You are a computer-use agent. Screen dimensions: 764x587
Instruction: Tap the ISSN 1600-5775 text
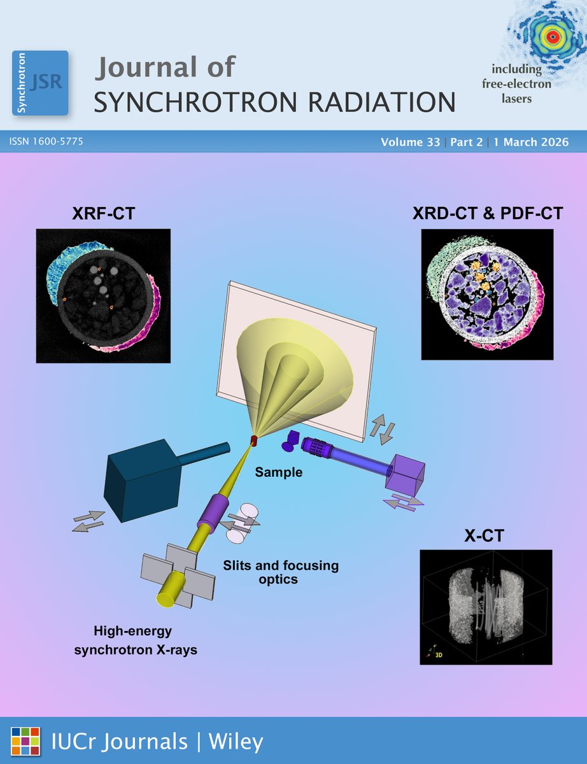[46, 142]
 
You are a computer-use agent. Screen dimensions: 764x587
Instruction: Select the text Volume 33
[411, 143]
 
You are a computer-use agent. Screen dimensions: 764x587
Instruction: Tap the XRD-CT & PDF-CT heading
[488, 213]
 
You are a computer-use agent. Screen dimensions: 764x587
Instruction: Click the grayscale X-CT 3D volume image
[486, 607]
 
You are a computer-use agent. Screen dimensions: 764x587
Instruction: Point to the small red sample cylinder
[254, 440]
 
